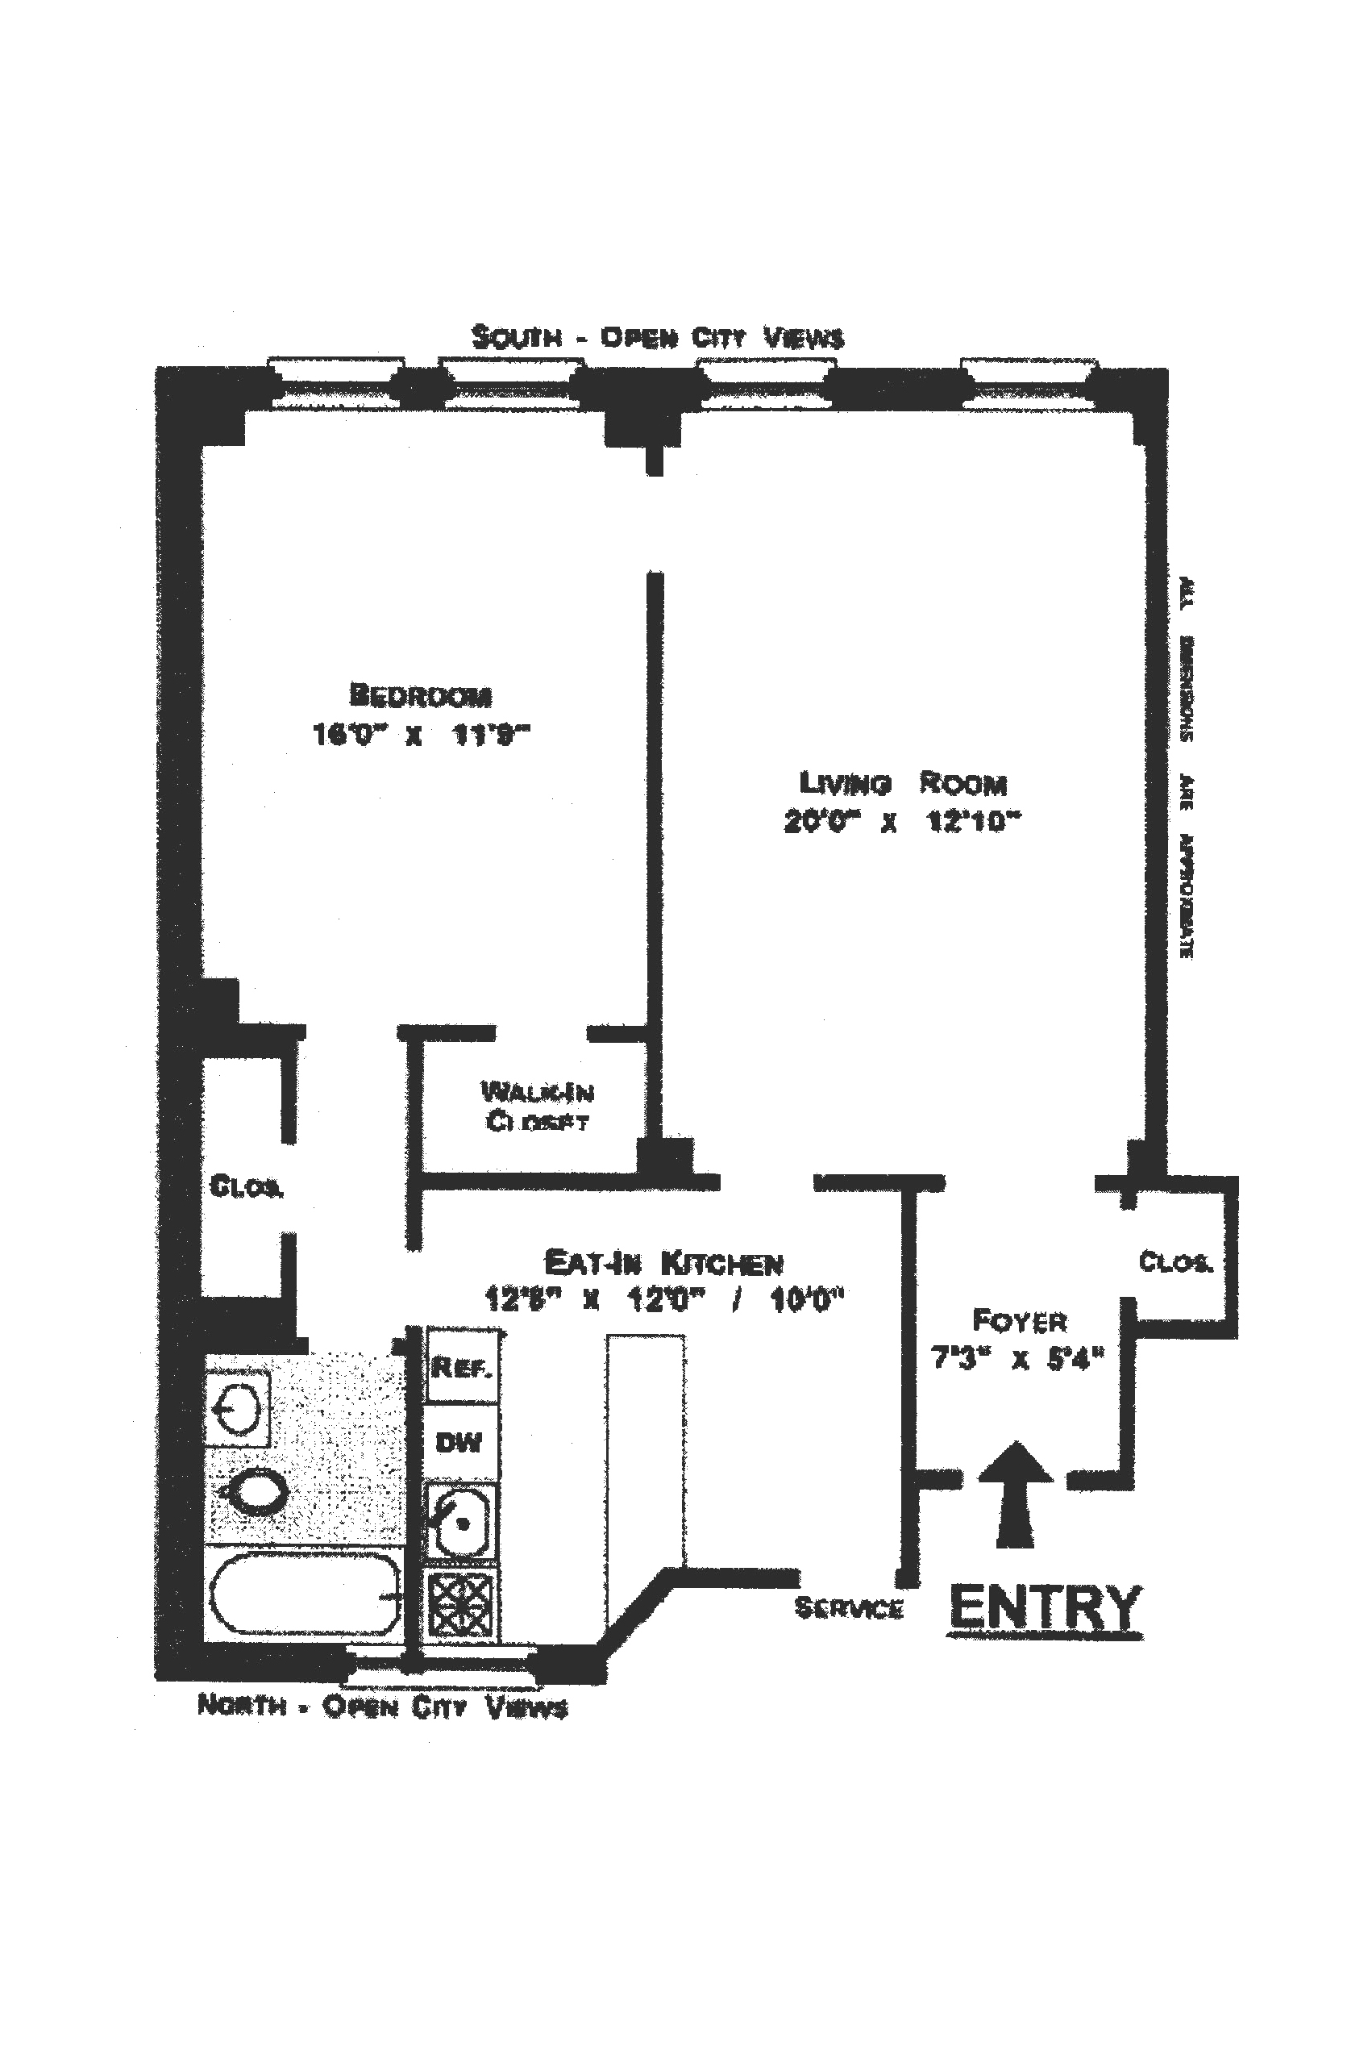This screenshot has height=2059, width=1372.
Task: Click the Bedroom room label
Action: pos(420,695)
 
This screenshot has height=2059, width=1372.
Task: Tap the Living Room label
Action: pos(903,782)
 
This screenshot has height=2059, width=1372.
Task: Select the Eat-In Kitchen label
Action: pos(663,1262)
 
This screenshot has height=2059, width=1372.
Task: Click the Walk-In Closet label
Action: pos(537,1106)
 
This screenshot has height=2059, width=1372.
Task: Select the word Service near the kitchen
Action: pos(848,1607)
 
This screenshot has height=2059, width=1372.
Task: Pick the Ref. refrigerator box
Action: pos(461,1366)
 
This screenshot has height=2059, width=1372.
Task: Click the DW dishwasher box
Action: pos(459,1442)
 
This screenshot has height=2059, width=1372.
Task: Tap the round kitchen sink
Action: pos(461,1524)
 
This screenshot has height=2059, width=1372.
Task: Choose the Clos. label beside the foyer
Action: pos(1175,1262)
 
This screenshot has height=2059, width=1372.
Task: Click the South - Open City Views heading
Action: pos(657,337)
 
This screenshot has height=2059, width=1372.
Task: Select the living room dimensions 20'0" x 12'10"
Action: pos(902,822)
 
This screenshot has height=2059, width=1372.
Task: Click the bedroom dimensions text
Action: pos(421,735)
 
